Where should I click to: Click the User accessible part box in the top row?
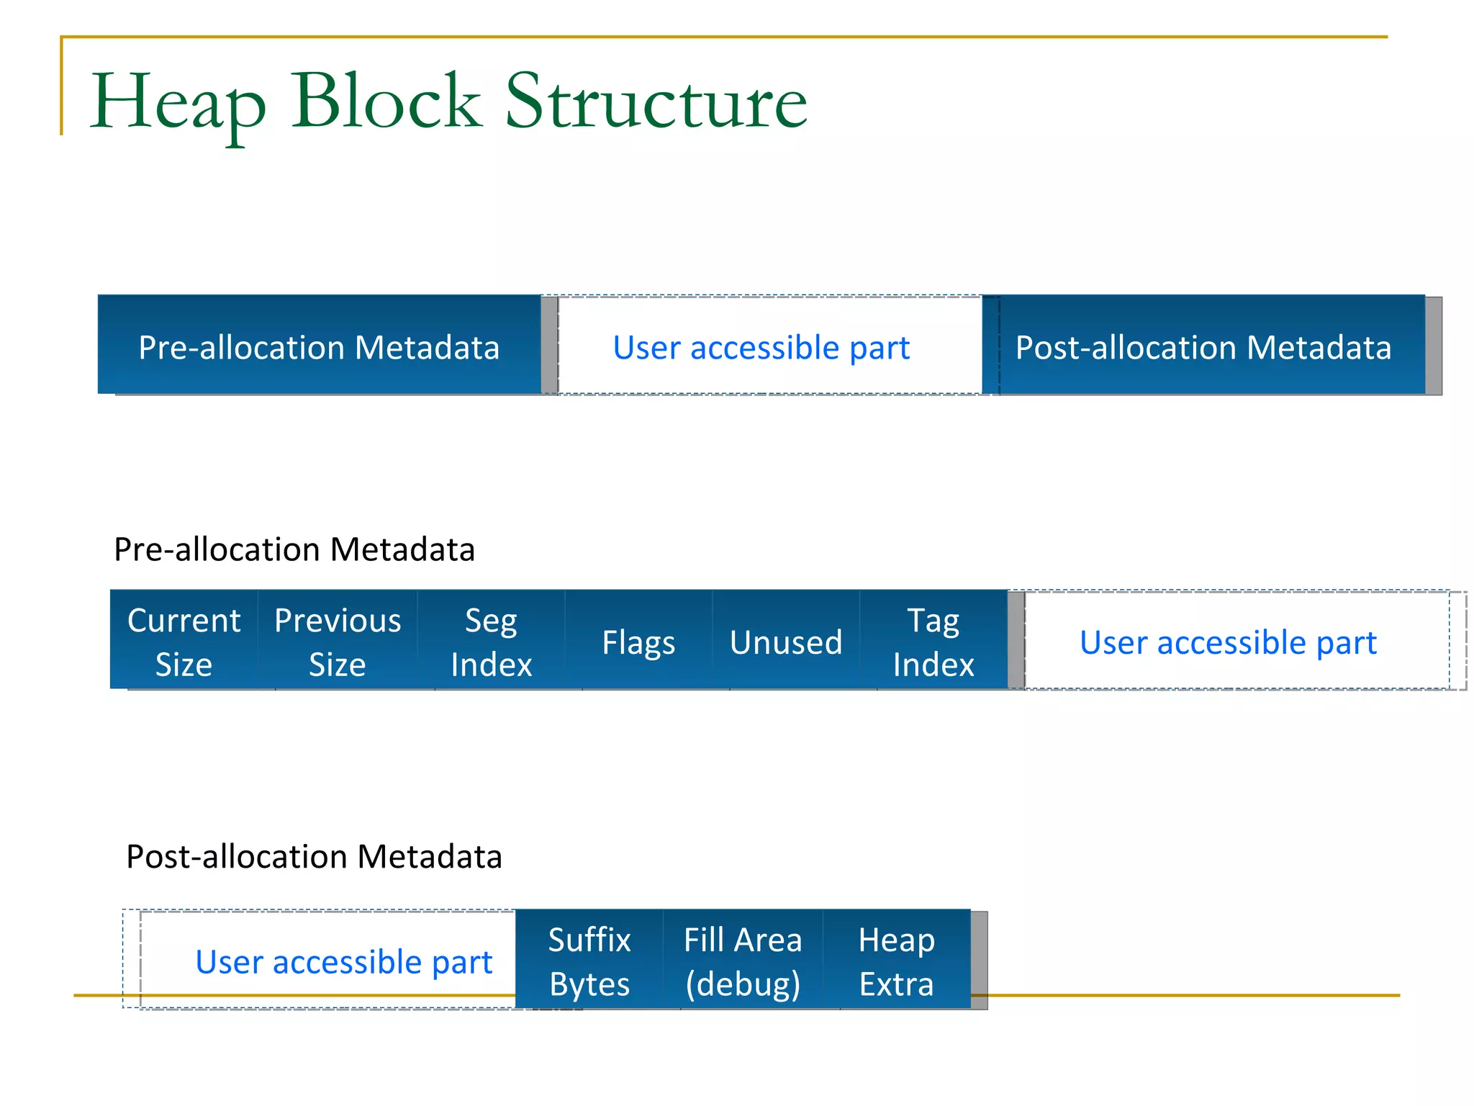[x=761, y=346]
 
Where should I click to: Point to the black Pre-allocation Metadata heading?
[x=294, y=549]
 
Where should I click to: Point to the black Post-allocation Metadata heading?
[x=314, y=857]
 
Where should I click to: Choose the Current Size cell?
[x=184, y=641]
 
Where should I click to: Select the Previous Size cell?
[x=338, y=641]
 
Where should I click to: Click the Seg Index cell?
[x=492, y=641]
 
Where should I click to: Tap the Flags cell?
[x=639, y=641]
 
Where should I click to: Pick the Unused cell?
[x=786, y=641]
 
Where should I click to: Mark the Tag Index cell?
[x=933, y=641]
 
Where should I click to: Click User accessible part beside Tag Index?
[x=1228, y=642]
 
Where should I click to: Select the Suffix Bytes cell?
[x=589, y=961]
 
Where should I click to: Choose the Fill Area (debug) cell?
[x=743, y=961]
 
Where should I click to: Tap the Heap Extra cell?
[x=897, y=961]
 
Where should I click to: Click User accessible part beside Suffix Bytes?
[x=343, y=961]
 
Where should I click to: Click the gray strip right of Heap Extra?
[x=980, y=961]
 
